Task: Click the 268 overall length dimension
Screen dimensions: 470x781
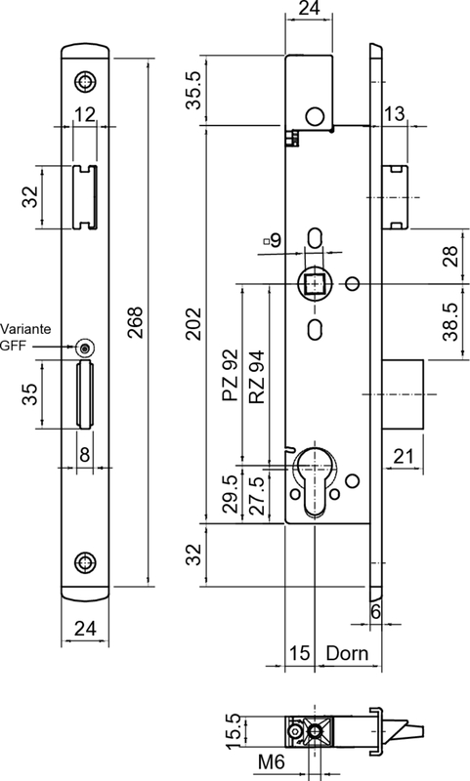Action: pos(135,323)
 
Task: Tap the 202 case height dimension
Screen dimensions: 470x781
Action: pos(193,324)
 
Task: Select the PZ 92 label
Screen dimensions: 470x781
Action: pos(231,376)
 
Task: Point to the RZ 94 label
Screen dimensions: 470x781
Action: pos(257,377)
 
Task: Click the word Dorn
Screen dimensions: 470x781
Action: pos(347,653)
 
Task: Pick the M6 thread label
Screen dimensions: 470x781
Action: pos(271,761)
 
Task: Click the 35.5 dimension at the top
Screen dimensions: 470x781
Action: pos(193,90)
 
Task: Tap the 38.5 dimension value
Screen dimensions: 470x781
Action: pos(450,322)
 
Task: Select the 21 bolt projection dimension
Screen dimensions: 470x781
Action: pos(404,456)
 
